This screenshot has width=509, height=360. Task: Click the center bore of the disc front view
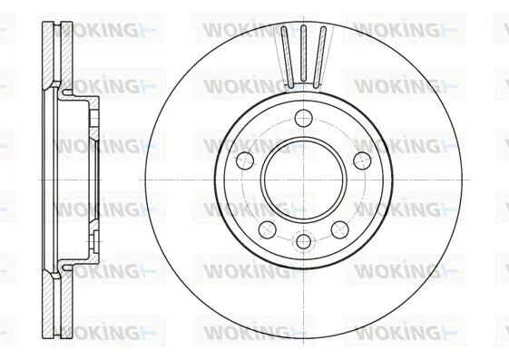(x=304, y=180)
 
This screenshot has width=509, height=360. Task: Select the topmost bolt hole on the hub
(x=304, y=118)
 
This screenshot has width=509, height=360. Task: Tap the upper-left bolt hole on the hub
(x=245, y=161)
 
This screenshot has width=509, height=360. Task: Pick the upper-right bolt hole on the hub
(x=362, y=161)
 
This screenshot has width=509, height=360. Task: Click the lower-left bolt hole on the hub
(x=267, y=229)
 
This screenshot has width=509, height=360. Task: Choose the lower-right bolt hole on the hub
(x=340, y=229)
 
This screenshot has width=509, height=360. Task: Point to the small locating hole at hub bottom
(x=304, y=241)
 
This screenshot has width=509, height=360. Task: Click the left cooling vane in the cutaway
(x=288, y=57)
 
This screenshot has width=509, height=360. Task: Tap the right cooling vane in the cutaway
(x=319, y=57)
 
